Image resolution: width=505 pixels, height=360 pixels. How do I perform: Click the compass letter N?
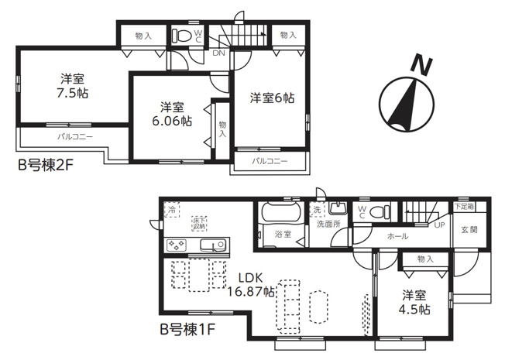click(421, 67)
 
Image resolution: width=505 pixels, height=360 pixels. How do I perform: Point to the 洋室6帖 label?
click(272, 98)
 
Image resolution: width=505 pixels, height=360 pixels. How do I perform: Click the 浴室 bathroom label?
click(282, 234)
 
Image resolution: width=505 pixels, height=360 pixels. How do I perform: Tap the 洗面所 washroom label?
click(327, 225)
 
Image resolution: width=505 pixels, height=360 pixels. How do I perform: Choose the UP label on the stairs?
click(438, 225)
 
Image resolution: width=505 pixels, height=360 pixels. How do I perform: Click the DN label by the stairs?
click(219, 53)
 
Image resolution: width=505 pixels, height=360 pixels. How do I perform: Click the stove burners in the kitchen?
click(176, 245)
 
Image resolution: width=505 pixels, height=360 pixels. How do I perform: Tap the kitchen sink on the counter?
click(211, 245)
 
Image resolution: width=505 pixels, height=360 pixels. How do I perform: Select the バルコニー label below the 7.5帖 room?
click(74, 137)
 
